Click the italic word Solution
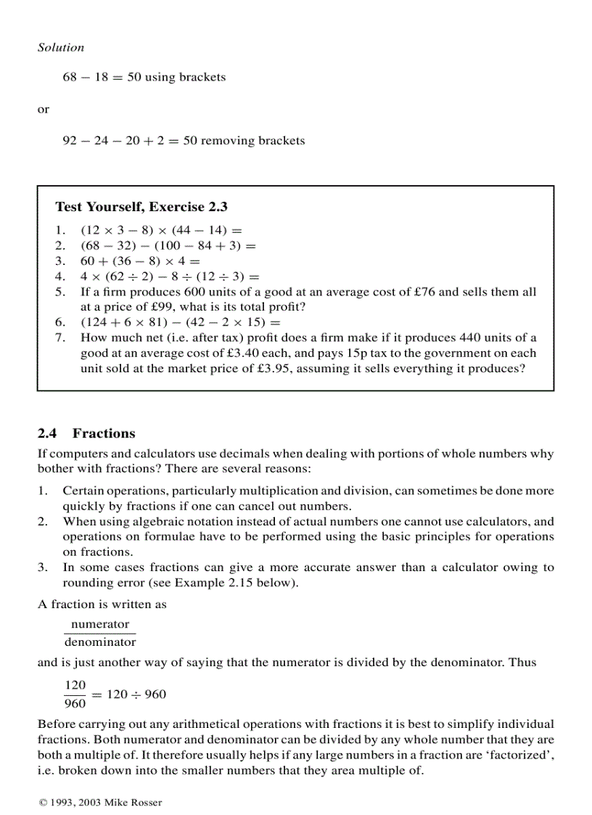point(61,47)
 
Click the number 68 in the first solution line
point(70,77)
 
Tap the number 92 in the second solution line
point(70,141)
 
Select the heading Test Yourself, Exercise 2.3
point(141,207)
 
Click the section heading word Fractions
point(104,433)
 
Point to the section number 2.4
point(47,433)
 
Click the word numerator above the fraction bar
point(100,624)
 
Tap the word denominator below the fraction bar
point(100,642)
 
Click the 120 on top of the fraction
point(75,685)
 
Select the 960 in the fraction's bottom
point(75,703)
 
